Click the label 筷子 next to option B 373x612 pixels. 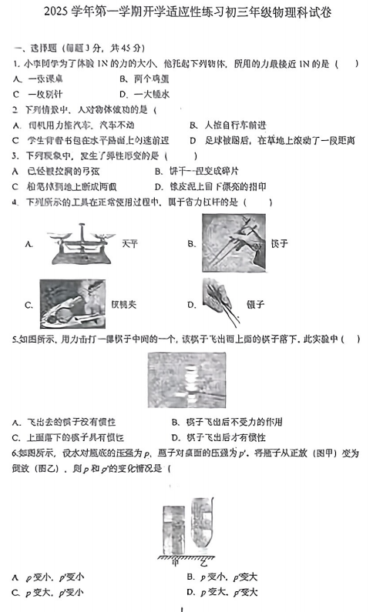(279, 243)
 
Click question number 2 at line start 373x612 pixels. (15, 109)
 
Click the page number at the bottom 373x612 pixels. (187, 607)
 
